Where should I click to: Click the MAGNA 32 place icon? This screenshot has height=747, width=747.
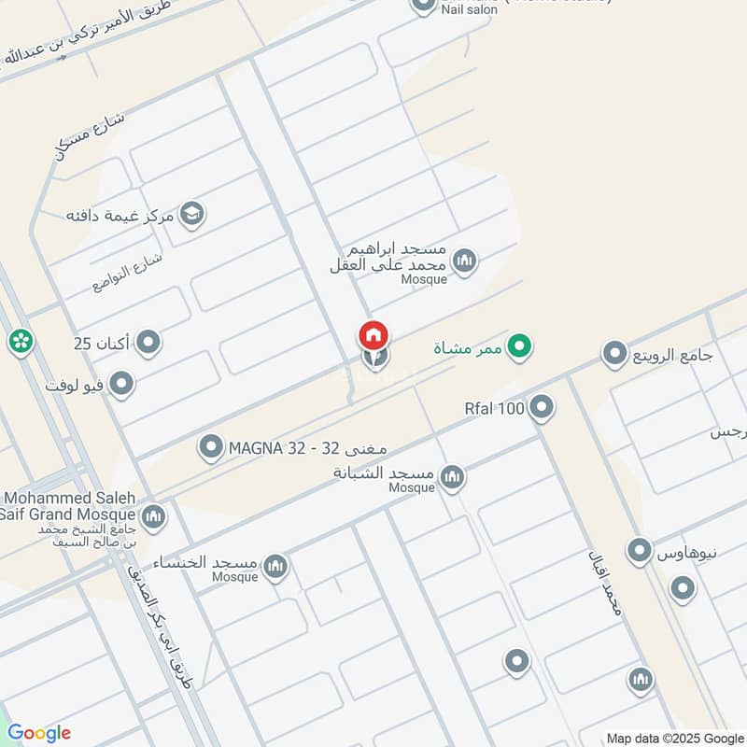click(x=211, y=448)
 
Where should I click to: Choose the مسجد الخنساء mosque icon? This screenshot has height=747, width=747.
click(x=275, y=566)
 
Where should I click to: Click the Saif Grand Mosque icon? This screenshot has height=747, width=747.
click(x=153, y=514)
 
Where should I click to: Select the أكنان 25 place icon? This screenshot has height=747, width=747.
click(x=148, y=345)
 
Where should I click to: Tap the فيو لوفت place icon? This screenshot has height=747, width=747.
click(x=121, y=384)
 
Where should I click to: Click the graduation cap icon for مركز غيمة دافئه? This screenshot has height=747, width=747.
click(x=192, y=215)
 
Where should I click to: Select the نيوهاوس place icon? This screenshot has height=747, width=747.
click(x=640, y=551)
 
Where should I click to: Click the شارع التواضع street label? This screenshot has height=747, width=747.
click(x=128, y=272)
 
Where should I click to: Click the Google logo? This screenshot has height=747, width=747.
click(x=39, y=733)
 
